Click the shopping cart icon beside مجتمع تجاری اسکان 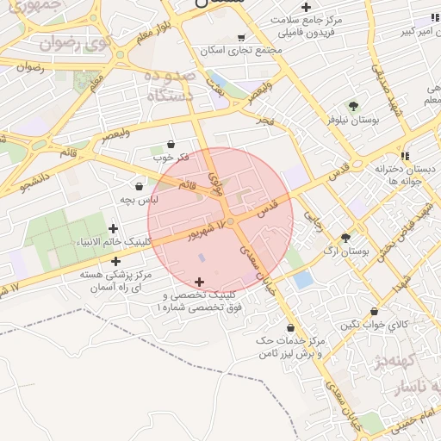[240, 38]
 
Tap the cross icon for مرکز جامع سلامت [307, 7]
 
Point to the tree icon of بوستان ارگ [346, 238]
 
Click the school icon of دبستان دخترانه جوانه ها [380, 156]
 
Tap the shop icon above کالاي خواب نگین [374, 311]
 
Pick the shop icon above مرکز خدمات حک [291, 327]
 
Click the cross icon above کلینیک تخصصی [200, 282]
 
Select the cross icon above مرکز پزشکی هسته [115, 260]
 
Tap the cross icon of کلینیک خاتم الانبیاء [114, 228]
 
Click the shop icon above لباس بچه [140, 185]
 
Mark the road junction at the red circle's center [229, 221]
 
